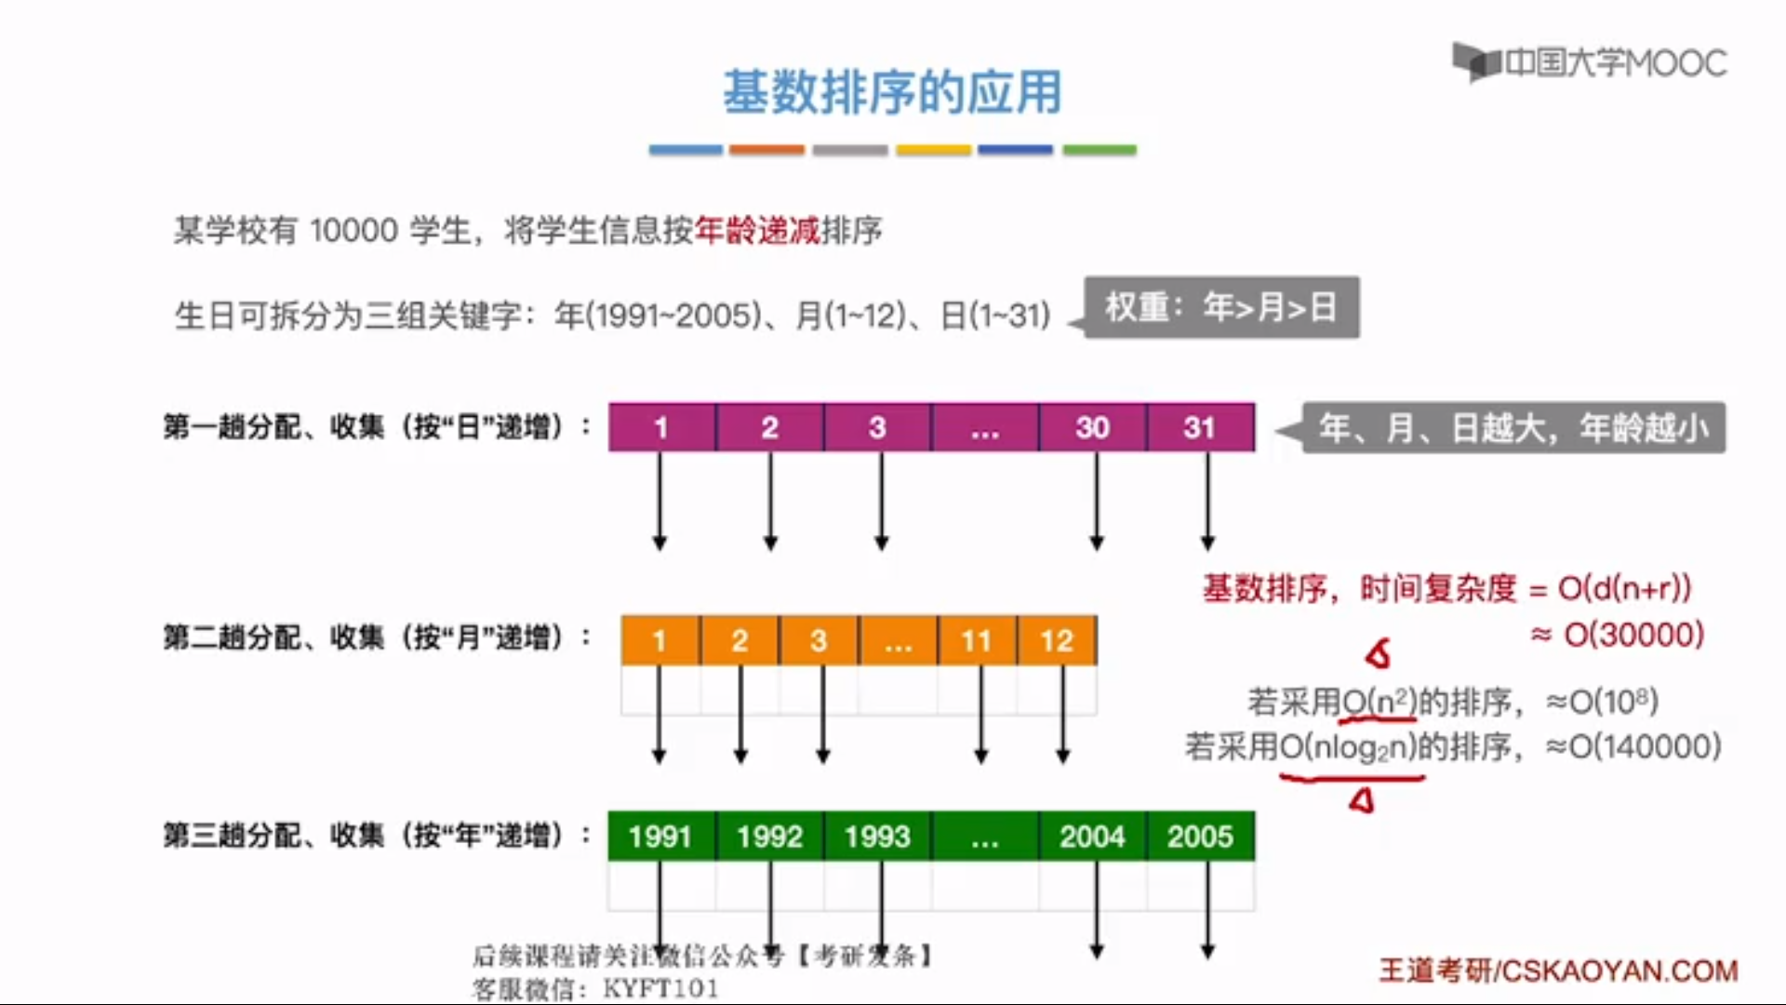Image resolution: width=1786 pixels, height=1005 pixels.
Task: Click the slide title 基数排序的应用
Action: click(x=892, y=92)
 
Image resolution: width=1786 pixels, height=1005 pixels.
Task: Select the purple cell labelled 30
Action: click(x=1092, y=427)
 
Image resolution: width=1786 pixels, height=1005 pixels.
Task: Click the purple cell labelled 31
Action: click(x=1200, y=427)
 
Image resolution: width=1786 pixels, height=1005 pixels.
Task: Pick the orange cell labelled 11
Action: click(x=977, y=640)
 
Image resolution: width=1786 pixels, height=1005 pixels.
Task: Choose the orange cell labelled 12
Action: click(x=1057, y=640)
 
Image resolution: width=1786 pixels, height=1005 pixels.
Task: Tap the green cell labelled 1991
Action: click(x=660, y=836)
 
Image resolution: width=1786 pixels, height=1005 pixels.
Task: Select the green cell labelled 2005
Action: click(x=1200, y=836)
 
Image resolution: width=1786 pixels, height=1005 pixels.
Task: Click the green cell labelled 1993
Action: click(x=877, y=836)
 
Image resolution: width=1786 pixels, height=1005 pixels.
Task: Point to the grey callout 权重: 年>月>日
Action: click(x=1221, y=307)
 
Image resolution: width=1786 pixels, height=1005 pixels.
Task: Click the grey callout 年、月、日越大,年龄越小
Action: click(x=1513, y=428)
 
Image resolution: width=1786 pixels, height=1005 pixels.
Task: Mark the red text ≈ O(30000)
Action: click(x=1618, y=635)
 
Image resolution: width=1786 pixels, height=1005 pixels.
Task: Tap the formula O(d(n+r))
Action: click(x=1624, y=588)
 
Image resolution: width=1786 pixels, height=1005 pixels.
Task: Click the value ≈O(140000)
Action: click(x=1633, y=746)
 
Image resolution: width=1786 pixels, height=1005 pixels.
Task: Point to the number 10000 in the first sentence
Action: click(x=353, y=230)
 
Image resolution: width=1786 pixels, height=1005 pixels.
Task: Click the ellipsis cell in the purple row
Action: click(x=984, y=427)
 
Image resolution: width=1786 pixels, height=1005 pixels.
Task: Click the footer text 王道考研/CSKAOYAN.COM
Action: click(x=1558, y=971)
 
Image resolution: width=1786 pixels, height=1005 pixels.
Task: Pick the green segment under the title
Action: click(x=1099, y=150)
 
